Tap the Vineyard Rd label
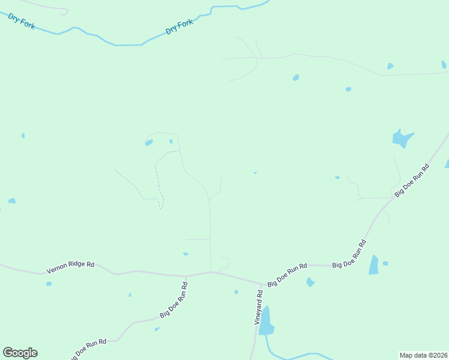coord(259,308)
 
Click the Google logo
coord(20,353)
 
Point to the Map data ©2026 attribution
coord(423,355)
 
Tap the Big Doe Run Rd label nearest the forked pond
coord(412,180)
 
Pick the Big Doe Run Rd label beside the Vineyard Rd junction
coord(288,274)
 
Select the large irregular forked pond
coord(402,139)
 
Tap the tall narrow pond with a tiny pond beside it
coord(374,265)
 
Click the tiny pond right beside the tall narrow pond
coord(385,263)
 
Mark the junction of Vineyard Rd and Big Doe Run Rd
coord(262,284)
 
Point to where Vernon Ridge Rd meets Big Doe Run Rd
coord(187,276)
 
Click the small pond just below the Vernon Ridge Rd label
coord(49,284)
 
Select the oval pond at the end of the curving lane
coord(148,142)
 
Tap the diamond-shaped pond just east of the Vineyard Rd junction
coord(310,282)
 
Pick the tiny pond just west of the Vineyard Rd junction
coord(237,292)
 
